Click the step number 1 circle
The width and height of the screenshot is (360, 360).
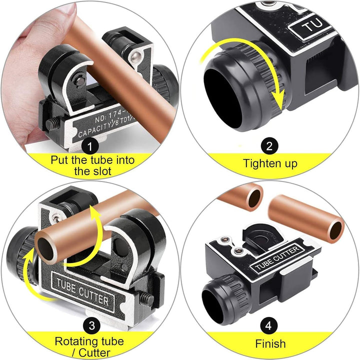coord(90,146)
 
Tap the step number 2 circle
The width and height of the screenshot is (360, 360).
coord(269,146)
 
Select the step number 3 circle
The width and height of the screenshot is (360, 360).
coord(90,325)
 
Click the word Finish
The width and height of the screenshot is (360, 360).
coord(269,344)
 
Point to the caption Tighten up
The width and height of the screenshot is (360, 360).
coord(269,163)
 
